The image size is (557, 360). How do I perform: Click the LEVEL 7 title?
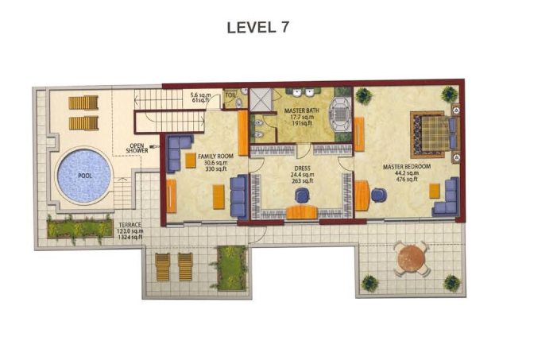click(x=258, y=27)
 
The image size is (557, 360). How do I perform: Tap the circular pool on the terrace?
click(x=84, y=176)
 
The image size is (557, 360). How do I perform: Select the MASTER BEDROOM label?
click(x=407, y=166)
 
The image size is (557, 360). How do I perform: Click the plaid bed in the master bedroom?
click(x=435, y=134)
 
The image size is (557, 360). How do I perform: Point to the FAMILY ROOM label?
click(x=215, y=156)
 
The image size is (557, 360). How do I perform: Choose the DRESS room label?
click(x=302, y=168)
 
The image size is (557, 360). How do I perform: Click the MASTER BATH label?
click(x=302, y=110)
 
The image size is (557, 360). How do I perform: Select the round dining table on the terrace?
click(x=412, y=258)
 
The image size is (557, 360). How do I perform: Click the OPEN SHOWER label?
click(x=137, y=148)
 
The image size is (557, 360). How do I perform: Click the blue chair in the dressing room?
click(x=302, y=195)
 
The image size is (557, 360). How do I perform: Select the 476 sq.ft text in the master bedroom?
click(x=407, y=179)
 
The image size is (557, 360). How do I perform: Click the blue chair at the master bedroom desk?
click(x=379, y=195)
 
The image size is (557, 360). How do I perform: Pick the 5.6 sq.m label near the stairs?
click(x=200, y=95)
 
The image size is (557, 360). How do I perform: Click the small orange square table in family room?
click(x=191, y=161)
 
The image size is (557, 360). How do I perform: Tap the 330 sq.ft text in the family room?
click(x=216, y=168)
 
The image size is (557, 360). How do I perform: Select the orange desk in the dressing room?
click(x=302, y=212)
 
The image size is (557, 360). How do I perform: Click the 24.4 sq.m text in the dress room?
click(x=302, y=175)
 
